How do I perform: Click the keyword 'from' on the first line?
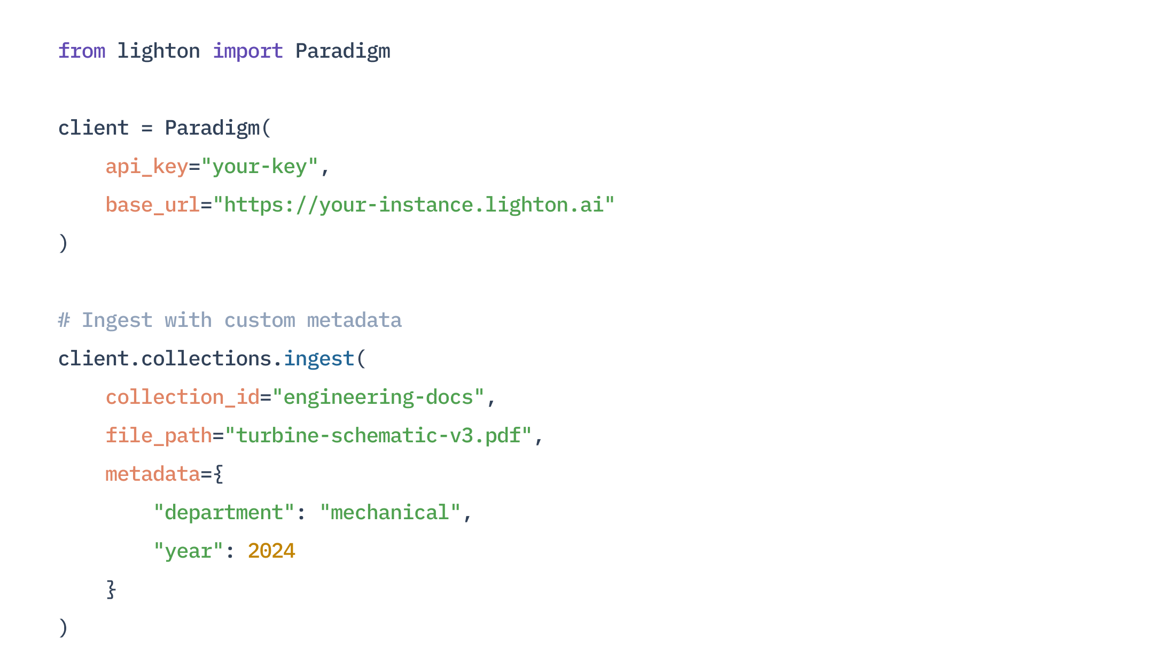coord(82,51)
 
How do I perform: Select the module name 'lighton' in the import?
coord(159,51)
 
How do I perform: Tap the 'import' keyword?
coord(247,51)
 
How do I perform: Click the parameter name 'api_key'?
coord(147,167)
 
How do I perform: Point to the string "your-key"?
coord(260,167)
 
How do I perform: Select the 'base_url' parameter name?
coord(153,205)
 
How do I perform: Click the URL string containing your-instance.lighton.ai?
coord(414,205)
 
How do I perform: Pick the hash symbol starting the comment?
coord(64,320)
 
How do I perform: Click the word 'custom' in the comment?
coord(260,320)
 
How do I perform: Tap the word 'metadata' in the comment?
coord(354,320)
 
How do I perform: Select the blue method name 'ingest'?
coord(319,359)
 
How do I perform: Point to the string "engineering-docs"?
coord(378,397)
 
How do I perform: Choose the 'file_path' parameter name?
coord(159,436)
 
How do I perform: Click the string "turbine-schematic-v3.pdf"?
coord(378,436)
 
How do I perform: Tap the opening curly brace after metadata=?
coord(218,474)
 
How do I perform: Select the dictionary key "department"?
coord(224,513)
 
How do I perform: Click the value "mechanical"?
coord(390,513)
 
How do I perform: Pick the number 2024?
coord(271,551)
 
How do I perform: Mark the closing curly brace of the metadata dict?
coord(111,590)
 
